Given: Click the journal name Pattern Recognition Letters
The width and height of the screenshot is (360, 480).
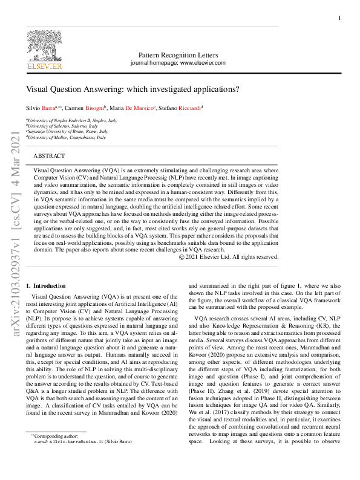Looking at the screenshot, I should (178, 55).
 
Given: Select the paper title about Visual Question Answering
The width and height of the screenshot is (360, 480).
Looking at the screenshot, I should (133, 88).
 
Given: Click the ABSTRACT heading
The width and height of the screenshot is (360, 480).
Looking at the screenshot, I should (49, 156).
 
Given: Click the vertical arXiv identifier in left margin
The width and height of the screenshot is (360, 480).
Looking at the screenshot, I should (17, 235).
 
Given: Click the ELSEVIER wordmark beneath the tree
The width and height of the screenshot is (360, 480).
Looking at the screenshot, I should (44, 66).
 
